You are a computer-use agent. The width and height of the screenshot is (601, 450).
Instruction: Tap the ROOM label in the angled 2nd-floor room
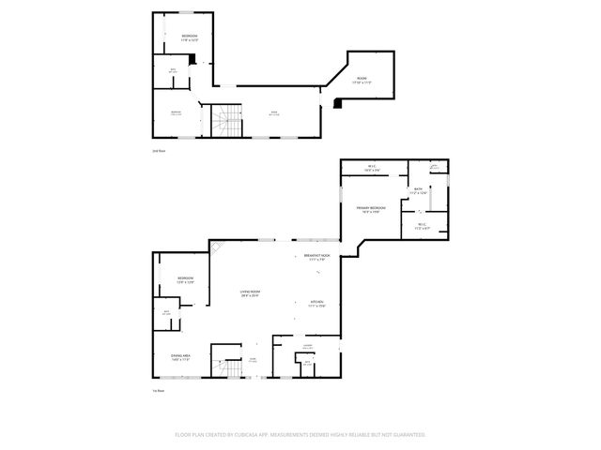[362, 79]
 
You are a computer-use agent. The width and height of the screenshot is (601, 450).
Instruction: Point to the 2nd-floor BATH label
[172, 70]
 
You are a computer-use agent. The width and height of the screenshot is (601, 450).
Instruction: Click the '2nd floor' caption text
[159, 151]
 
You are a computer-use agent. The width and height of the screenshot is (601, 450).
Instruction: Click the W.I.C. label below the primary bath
[421, 225]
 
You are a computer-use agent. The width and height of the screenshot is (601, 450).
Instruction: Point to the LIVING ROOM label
[249, 292]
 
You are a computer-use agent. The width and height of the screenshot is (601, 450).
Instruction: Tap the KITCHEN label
[316, 302]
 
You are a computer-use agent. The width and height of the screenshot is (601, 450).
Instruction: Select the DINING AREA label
[181, 356]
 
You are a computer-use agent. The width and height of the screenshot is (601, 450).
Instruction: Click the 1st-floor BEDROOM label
[185, 278]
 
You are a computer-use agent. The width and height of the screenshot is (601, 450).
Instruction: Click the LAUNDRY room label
[307, 346]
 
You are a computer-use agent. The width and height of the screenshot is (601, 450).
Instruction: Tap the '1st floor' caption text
[159, 391]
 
